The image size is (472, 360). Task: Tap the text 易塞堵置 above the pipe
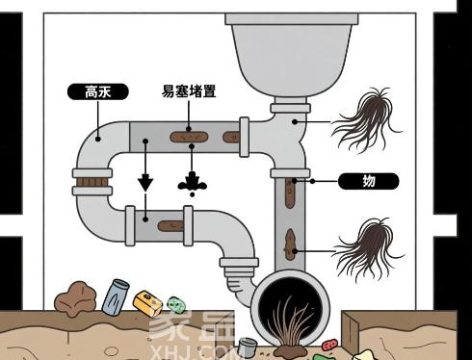[x=189, y=92]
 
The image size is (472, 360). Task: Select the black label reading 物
[x=368, y=180]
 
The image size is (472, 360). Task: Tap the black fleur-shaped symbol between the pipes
[x=193, y=182]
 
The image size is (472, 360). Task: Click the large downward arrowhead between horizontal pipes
[x=145, y=181]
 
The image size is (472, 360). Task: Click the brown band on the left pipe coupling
[x=90, y=180]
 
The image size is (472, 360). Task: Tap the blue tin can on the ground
[x=117, y=294]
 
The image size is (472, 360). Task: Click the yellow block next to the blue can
[x=146, y=304]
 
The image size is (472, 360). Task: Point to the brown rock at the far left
[x=75, y=299]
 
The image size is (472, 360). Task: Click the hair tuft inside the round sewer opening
[x=288, y=319]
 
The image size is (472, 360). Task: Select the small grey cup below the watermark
[x=247, y=347]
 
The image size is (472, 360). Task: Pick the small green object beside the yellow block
[x=173, y=304]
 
